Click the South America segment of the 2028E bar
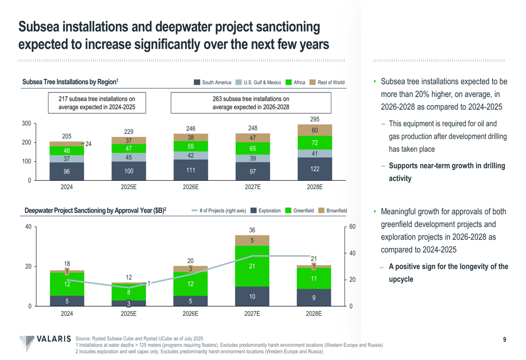[314, 169]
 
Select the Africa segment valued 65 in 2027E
[252, 149]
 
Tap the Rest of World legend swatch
[312, 83]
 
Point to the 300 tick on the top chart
[25, 124]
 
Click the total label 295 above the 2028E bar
[314, 119]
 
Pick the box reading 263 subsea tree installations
[251, 102]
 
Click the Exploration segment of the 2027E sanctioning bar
[252, 296]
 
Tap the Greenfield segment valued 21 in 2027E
[252, 266]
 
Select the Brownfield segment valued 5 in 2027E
[252, 241]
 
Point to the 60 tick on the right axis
[353, 227]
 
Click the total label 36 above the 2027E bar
[252, 230]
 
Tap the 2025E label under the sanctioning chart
[128, 314]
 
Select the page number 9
[504, 340]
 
